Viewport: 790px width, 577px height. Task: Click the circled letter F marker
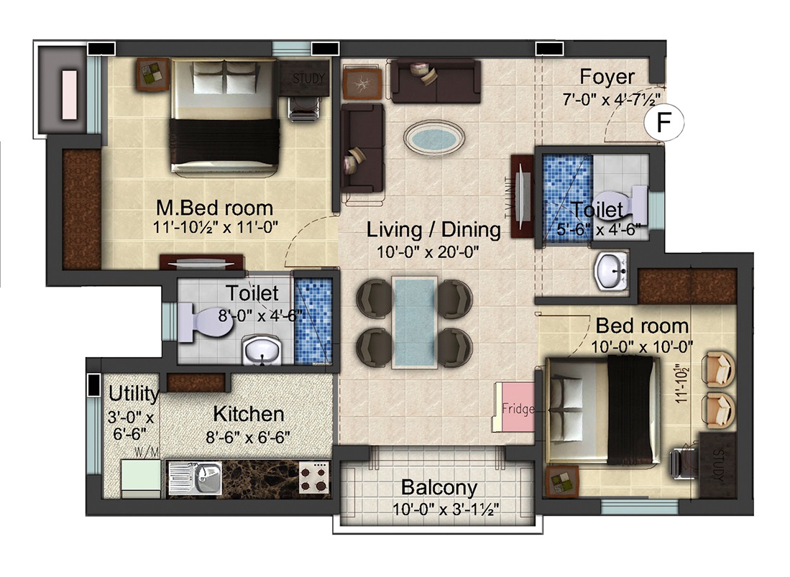point(663,122)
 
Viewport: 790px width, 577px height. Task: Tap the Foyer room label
point(607,77)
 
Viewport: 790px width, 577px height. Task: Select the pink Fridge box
point(515,407)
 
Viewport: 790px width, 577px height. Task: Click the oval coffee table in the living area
point(433,137)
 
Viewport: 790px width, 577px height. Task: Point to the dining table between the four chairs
point(414,322)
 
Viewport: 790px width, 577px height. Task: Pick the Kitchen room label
point(249,414)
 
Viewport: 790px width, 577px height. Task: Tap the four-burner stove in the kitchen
point(313,477)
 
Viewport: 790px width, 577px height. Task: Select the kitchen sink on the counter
point(195,478)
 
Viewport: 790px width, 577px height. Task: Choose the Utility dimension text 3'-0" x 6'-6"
point(131,425)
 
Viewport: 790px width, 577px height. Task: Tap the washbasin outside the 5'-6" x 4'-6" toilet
point(611,271)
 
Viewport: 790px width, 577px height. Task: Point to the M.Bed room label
point(214,208)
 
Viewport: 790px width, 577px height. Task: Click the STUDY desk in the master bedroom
point(305,78)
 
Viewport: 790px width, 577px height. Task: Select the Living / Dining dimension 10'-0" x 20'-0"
point(428,251)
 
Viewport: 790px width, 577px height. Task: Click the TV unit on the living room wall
point(522,197)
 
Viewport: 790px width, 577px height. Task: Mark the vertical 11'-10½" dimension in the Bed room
point(681,384)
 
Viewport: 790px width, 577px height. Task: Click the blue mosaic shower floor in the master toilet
point(313,320)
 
